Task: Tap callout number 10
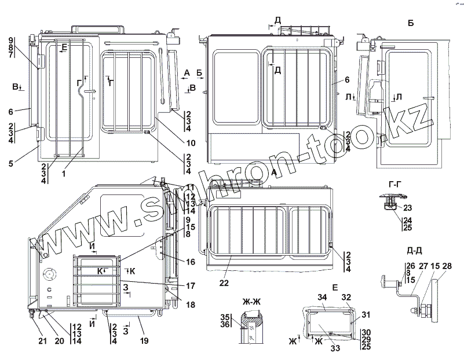tap(191, 143)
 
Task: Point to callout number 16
tap(191, 262)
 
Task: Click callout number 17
tap(191, 286)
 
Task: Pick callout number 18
tap(191, 304)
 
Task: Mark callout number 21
tap(42, 341)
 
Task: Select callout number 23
tap(407, 208)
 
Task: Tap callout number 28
tap(448, 266)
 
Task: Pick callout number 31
tap(366, 314)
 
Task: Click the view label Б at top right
tap(411, 24)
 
